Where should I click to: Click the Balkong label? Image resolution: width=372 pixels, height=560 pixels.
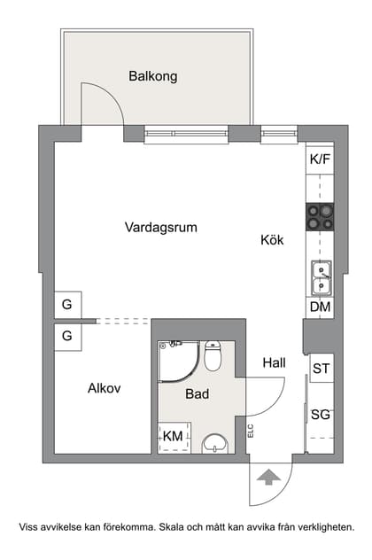tap(152, 76)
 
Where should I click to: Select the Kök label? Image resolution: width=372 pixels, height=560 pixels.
tap(273, 240)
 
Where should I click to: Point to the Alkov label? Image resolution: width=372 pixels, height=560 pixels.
tap(104, 388)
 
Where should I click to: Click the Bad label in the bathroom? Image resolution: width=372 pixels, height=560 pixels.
tap(197, 393)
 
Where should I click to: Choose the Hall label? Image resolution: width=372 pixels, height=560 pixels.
tap(274, 362)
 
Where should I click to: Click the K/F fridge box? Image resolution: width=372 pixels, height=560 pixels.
tap(320, 159)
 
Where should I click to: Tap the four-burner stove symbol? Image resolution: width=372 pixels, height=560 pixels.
tap(320, 217)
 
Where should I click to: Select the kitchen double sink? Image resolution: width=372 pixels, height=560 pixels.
tap(321, 278)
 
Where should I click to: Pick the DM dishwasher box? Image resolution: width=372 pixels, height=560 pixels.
tap(320, 307)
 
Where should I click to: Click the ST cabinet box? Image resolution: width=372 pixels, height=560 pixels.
tap(320, 368)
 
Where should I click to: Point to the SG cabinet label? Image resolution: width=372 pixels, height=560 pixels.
tap(320, 414)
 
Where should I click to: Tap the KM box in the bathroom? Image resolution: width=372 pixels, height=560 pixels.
tap(173, 436)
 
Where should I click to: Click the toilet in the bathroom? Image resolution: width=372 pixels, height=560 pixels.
tap(213, 356)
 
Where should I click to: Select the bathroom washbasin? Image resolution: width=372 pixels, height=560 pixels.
tap(214, 442)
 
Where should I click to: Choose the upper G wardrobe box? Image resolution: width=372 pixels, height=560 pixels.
tap(67, 305)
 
